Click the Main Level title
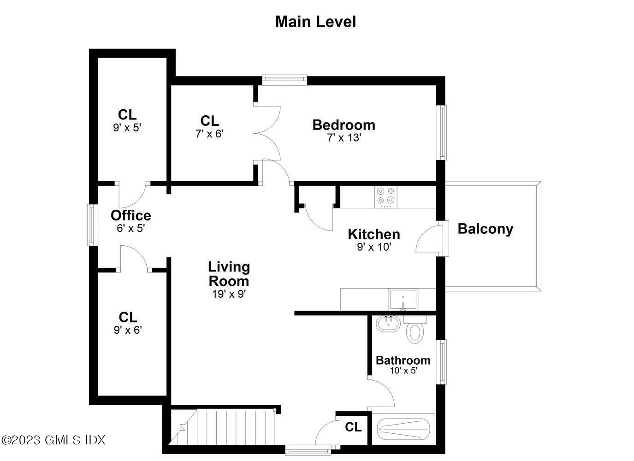click(315, 22)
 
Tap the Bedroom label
click(344, 124)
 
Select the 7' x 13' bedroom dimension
click(344, 137)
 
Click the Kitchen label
click(373, 234)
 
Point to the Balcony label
click(485, 229)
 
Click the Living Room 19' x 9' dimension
click(229, 294)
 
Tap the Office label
click(130, 215)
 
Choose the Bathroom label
click(403, 360)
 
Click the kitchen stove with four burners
click(385, 195)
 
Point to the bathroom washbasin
click(387, 324)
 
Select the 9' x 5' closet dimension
click(127, 127)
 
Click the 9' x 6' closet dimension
click(128, 330)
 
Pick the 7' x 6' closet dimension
click(209, 134)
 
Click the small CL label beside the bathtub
click(353, 427)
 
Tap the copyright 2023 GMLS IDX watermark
click(53, 440)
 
